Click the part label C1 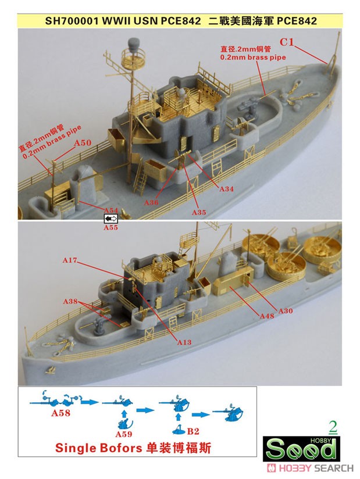point(287,42)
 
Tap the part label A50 point(83,142)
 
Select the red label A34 point(226,189)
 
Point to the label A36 point(151,202)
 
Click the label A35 point(199,212)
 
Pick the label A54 point(111,210)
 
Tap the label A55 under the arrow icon point(111,228)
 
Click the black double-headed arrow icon point(111,219)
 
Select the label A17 point(70,260)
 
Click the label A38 point(70,302)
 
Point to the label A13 point(184,342)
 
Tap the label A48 point(267,316)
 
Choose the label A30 point(286,311)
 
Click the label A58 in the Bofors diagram point(60,413)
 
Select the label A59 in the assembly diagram point(124,434)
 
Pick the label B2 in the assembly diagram point(193,431)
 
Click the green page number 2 point(333,427)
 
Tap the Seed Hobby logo point(301,449)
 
